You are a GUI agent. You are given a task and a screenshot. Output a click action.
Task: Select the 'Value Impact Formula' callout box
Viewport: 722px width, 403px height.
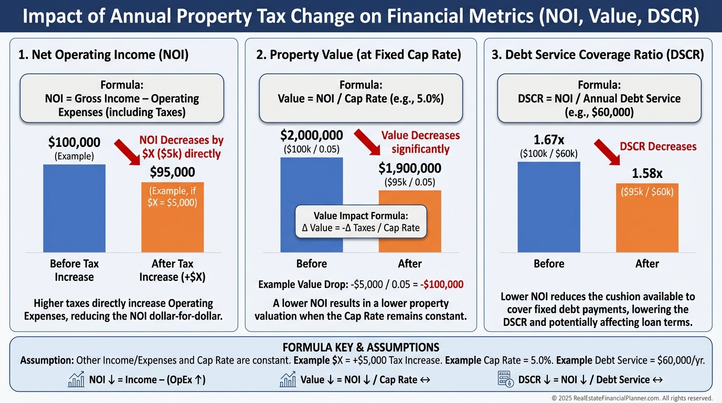point(360,221)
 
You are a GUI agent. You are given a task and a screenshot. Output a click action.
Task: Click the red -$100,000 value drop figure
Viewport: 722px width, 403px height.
point(442,285)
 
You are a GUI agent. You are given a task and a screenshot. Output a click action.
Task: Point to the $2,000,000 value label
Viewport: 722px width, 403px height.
point(311,135)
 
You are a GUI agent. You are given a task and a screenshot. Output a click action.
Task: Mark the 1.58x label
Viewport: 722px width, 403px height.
point(646,174)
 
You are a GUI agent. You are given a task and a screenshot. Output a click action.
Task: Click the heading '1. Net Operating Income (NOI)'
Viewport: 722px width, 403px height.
point(103,54)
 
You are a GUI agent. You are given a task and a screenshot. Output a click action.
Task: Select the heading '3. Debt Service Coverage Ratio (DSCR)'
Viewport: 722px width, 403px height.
point(598,54)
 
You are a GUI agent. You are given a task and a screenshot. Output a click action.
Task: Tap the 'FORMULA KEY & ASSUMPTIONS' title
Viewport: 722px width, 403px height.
point(360,347)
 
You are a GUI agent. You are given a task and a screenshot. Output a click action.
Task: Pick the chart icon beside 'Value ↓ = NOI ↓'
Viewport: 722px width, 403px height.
point(288,379)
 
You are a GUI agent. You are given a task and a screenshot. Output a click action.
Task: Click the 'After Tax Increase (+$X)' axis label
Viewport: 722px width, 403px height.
point(172,270)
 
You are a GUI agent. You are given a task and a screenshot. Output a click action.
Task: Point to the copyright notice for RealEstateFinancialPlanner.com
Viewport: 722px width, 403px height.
point(632,398)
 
